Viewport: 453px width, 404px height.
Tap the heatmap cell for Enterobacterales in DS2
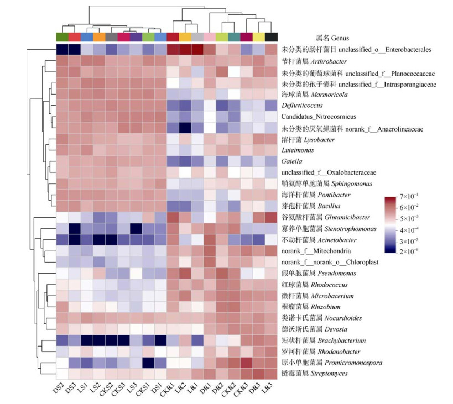click(x=63, y=49)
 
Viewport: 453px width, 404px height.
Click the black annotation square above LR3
click(x=271, y=37)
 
